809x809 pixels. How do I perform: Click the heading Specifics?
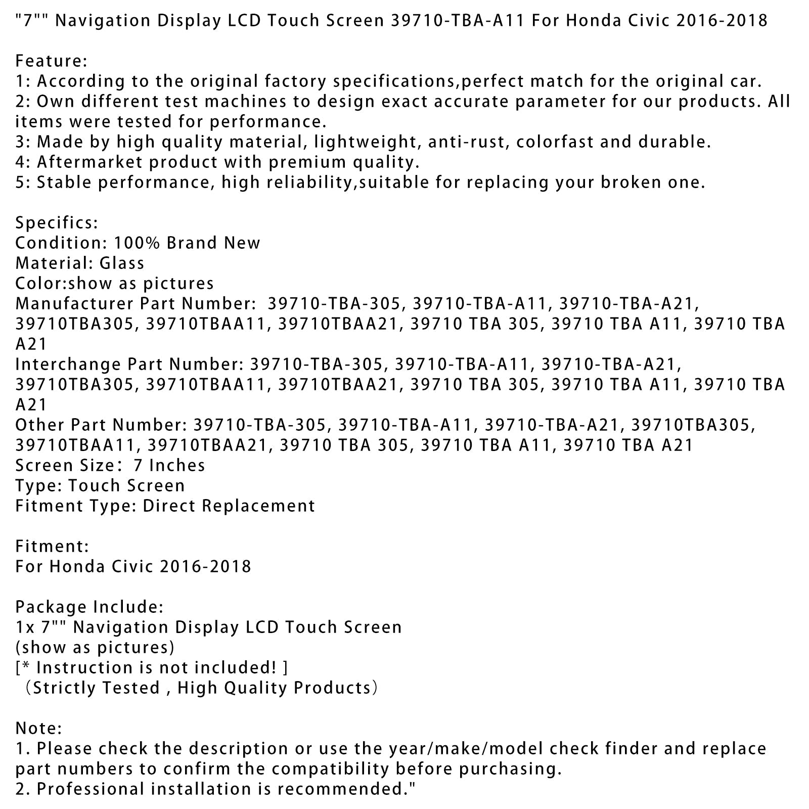coord(57,223)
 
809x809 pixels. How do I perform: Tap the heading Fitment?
coord(52,547)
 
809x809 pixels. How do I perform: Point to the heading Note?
coord(39,729)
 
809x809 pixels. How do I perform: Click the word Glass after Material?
coord(122,263)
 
